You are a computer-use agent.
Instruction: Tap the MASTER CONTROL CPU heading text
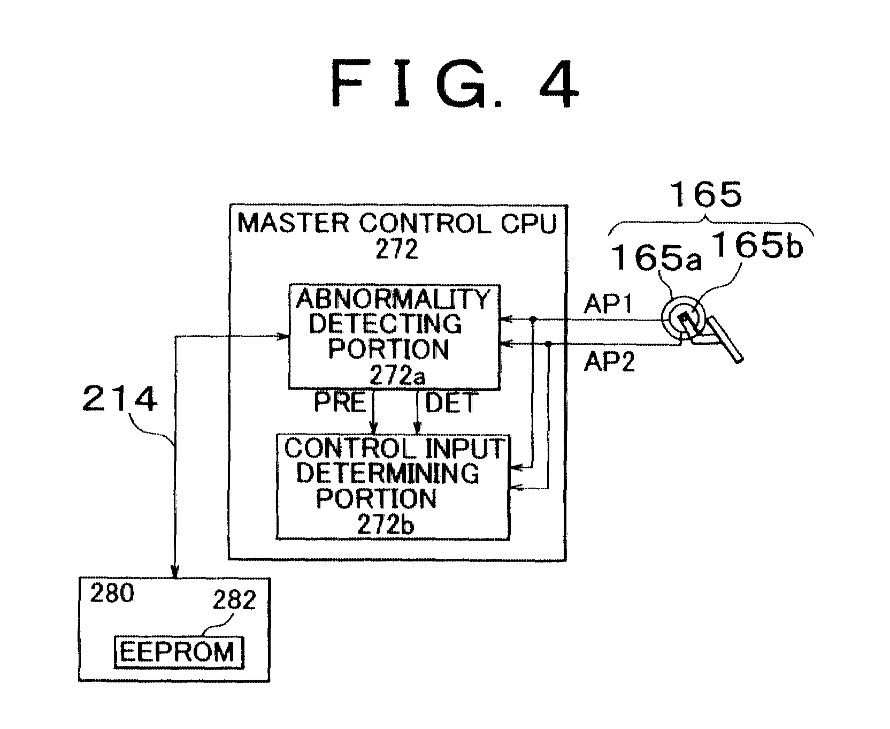pos(397,223)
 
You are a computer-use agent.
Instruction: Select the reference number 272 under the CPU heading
pos(396,250)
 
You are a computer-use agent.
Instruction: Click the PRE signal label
pos(340,403)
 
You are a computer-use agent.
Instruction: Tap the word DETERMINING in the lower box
pos(388,473)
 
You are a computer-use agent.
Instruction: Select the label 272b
pos(386,526)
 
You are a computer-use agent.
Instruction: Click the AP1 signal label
pos(609,305)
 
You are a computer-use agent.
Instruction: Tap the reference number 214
pos(120,399)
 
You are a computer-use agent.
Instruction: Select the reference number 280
pos(112,594)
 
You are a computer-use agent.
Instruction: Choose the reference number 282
pos(234,601)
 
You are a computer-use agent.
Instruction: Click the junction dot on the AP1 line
pos(533,320)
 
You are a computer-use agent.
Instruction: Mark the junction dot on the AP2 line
pos(549,344)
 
